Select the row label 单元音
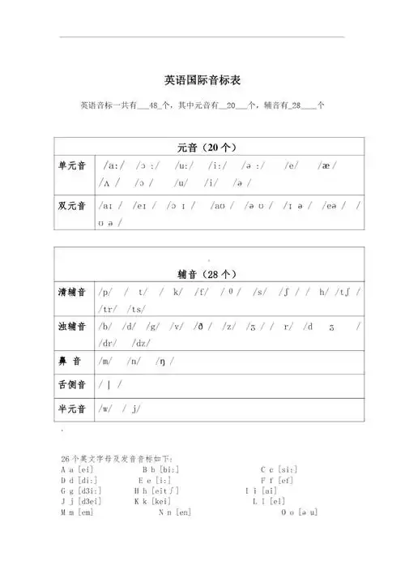click(x=72, y=166)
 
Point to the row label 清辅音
click(x=72, y=292)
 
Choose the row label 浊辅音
click(x=72, y=328)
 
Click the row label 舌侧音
click(x=72, y=385)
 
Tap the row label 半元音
click(x=72, y=409)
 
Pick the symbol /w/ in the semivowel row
click(x=106, y=409)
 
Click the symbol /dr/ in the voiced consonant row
click(x=109, y=343)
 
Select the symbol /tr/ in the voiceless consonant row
click(x=109, y=308)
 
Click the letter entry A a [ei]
click(x=78, y=469)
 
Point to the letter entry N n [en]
click(x=175, y=512)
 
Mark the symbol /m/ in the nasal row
click(x=105, y=360)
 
